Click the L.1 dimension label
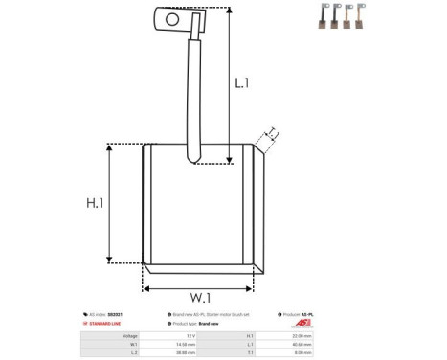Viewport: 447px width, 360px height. pos(242,84)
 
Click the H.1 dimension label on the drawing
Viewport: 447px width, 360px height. pos(95,203)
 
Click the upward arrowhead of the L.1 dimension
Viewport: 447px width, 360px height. pos(228,11)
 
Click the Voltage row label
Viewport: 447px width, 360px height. pos(130,336)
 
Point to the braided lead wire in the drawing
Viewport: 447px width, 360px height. pos(192,96)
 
